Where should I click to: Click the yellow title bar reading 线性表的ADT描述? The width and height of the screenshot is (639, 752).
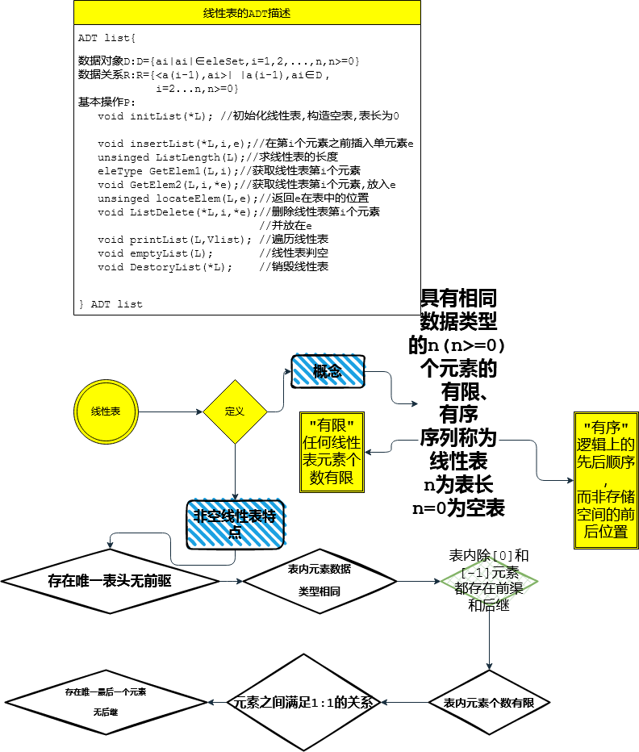point(247,12)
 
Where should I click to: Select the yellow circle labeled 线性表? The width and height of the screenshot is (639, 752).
point(106,412)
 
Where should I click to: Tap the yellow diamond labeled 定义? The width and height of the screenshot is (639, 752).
point(235,412)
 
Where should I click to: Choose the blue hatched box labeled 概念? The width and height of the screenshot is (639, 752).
point(328,371)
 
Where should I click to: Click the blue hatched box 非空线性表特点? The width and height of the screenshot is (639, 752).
point(236,522)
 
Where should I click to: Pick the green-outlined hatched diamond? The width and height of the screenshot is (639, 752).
point(488,581)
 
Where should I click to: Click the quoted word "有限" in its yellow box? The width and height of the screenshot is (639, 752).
point(332,425)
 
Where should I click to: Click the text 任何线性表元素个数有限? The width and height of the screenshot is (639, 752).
point(332,461)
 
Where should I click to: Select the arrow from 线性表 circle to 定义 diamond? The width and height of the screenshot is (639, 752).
point(171,412)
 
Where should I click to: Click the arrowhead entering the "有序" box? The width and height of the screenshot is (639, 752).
point(569,480)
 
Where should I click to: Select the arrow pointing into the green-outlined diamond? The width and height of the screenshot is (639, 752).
point(418,581)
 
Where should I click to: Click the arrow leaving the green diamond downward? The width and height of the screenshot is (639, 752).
point(488,637)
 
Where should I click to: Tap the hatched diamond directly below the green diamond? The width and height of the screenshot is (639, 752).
point(488,703)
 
